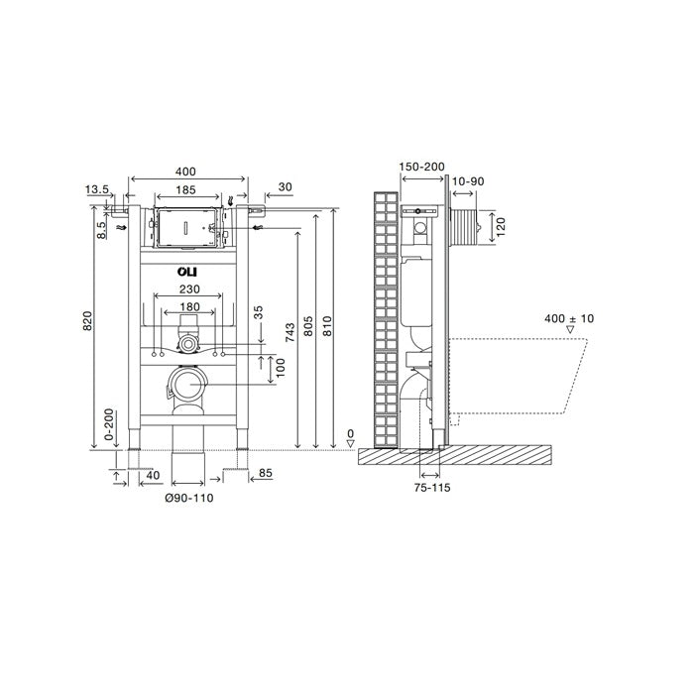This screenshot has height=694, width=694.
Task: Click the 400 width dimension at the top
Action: click(x=185, y=172)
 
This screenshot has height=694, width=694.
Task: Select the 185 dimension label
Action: click(x=185, y=190)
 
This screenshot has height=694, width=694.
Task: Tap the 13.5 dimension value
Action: click(x=97, y=190)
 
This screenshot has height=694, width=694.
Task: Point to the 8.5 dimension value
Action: click(x=101, y=230)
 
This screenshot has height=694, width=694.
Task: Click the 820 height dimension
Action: click(x=87, y=321)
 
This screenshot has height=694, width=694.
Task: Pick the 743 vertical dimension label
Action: click(x=289, y=332)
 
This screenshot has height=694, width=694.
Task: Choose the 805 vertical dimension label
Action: click(x=308, y=326)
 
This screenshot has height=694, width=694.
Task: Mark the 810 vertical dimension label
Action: click(x=327, y=326)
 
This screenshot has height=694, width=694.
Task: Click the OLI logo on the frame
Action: click(x=187, y=272)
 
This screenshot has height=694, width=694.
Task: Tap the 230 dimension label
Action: click(x=189, y=289)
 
